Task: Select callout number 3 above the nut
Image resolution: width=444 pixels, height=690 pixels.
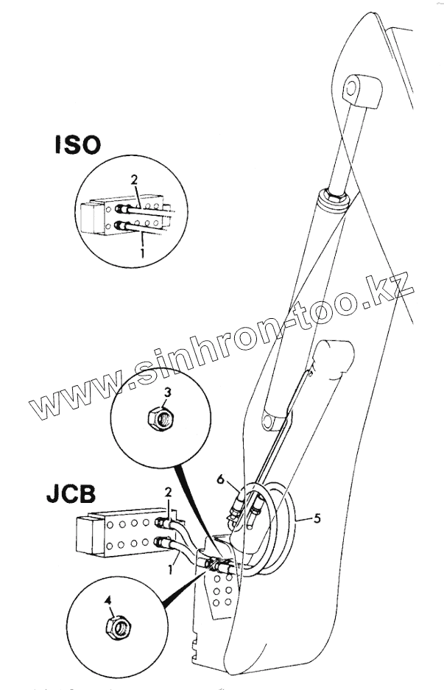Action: pyautogui.click(x=167, y=392)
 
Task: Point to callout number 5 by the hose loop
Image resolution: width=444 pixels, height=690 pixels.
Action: pyautogui.click(x=317, y=518)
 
